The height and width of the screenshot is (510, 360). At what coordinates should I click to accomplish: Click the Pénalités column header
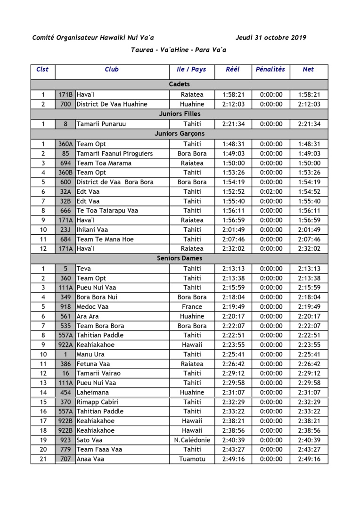click(270, 69)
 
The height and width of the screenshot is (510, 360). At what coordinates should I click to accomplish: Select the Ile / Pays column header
click(191, 69)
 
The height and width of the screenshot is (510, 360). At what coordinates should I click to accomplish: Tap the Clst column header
click(42, 69)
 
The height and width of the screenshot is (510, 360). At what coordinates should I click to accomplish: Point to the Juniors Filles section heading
click(180, 114)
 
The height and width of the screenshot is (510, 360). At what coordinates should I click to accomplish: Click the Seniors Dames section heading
click(180, 258)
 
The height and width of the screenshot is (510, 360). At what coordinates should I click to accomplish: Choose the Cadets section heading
click(180, 84)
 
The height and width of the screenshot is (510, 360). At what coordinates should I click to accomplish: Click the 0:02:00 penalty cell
click(271, 191)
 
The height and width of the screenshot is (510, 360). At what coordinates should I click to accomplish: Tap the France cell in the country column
click(192, 306)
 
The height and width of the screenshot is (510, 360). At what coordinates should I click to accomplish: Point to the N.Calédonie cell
click(192, 440)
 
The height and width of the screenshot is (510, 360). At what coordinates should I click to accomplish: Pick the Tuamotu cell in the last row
click(192, 459)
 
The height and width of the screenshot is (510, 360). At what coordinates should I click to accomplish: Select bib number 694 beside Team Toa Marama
click(65, 163)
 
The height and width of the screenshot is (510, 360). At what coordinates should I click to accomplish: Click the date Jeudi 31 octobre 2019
click(270, 38)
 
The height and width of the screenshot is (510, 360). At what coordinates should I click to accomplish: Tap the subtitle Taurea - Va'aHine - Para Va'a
click(179, 49)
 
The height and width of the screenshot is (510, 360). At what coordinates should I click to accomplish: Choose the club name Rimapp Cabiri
click(98, 402)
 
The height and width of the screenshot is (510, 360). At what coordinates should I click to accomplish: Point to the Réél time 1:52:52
click(233, 191)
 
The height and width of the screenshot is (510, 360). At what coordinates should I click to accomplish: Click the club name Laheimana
click(93, 392)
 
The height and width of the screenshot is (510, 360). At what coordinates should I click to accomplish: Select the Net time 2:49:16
click(309, 459)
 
